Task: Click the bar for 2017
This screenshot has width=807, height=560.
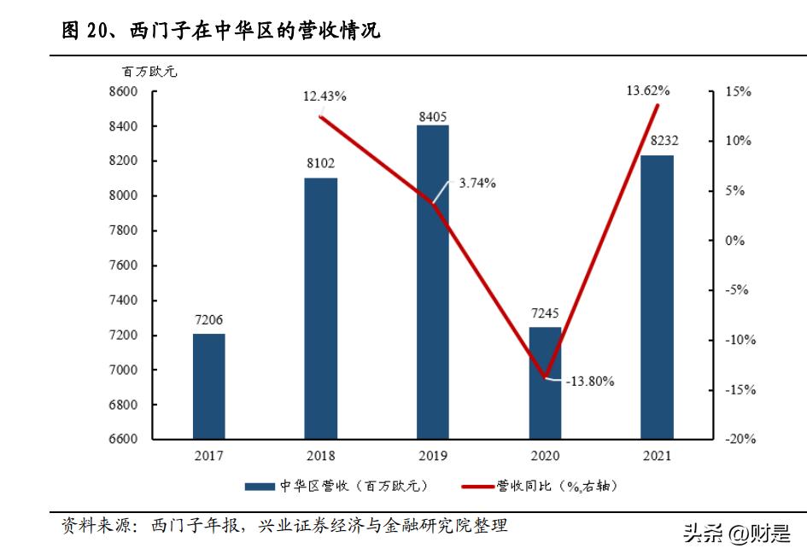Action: tap(208, 386)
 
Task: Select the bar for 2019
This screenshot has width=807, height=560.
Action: tap(433, 282)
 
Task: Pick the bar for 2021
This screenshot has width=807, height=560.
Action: tap(657, 296)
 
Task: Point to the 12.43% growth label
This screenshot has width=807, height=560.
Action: tap(325, 96)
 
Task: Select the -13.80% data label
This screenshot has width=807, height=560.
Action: tap(589, 382)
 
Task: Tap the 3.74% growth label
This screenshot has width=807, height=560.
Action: tap(477, 183)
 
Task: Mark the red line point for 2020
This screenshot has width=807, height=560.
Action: tap(545, 376)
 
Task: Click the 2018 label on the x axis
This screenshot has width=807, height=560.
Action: tap(321, 456)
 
